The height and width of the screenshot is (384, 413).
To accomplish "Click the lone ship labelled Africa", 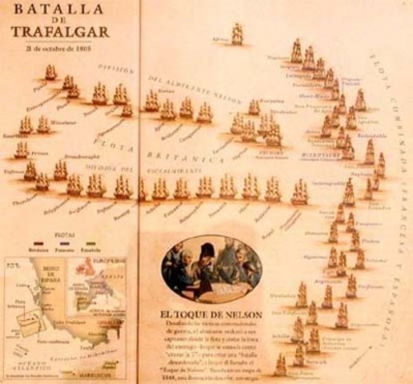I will [237, 34].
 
